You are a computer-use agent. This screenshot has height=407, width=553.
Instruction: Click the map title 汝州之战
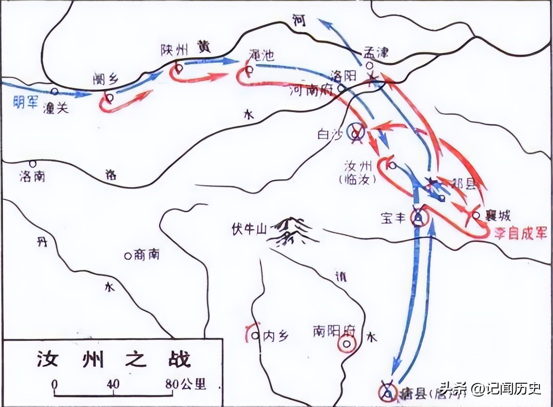tap(113, 360)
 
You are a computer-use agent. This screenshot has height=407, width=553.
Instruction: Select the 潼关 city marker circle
tap(54, 91)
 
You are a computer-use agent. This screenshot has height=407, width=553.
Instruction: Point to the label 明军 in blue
tap(25, 101)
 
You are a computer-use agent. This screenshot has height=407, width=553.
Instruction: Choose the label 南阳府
tap(335, 331)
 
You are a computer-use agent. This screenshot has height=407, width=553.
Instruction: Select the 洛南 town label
tap(32, 176)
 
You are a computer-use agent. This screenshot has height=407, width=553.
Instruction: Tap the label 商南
tap(147, 254)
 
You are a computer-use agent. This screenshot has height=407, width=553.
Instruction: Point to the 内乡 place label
tap(276, 336)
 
